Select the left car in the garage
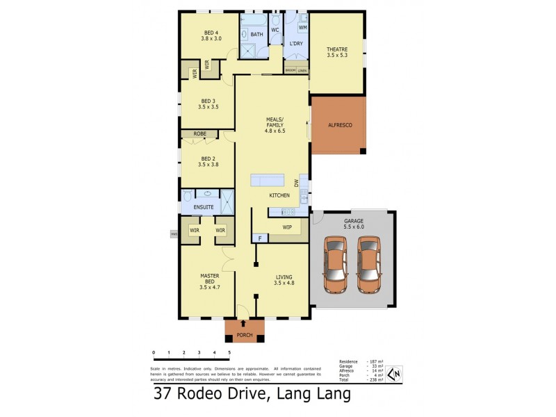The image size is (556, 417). click(x=336, y=265)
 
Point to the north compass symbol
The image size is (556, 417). click(x=393, y=374)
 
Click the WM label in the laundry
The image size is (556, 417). click(x=302, y=27)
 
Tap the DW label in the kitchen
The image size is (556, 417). click(x=296, y=183)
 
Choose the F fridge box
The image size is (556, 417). click(x=259, y=238)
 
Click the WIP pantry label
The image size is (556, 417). click(x=286, y=227)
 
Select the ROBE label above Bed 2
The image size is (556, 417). click(x=199, y=133)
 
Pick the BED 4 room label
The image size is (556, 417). click(x=211, y=33)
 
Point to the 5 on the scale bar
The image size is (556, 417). click(x=229, y=353)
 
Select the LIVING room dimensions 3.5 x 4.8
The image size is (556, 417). click(x=285, y=283)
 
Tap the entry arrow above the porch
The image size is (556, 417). click(x=243, y=323)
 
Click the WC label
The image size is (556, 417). click(x=275, y=30)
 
